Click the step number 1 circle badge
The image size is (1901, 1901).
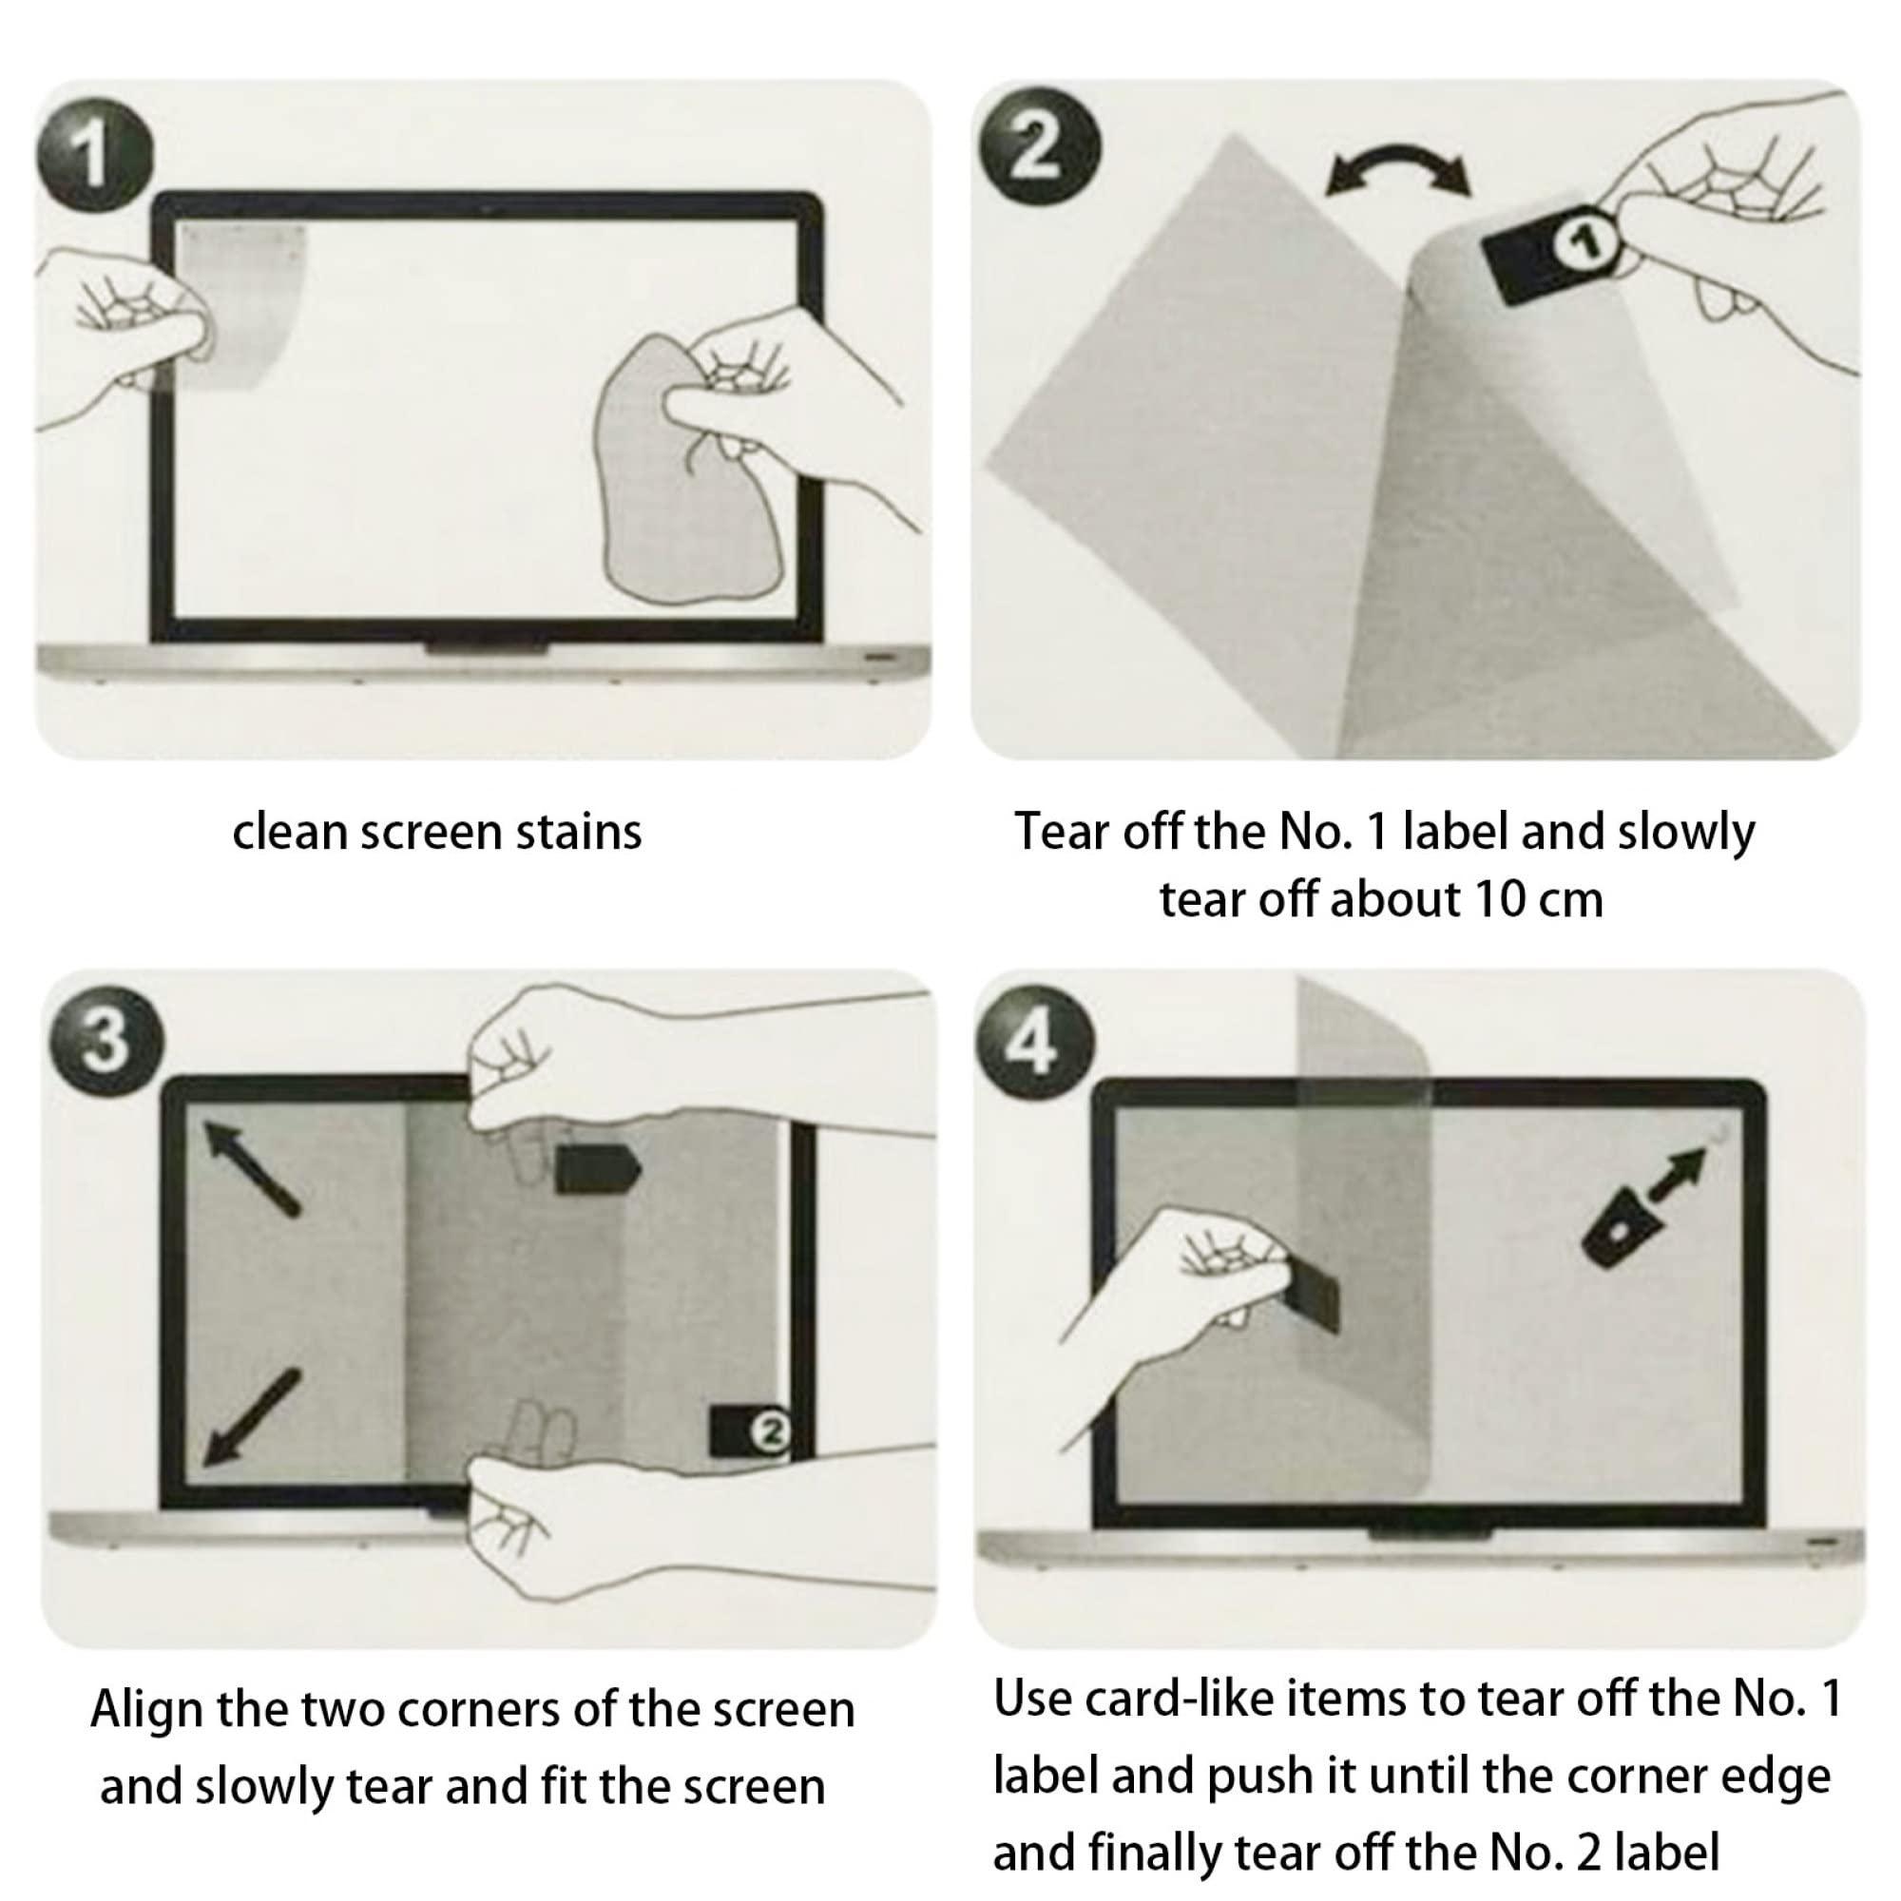[x=93, y=155]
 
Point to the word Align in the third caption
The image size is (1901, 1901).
[x=147, y=1710]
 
